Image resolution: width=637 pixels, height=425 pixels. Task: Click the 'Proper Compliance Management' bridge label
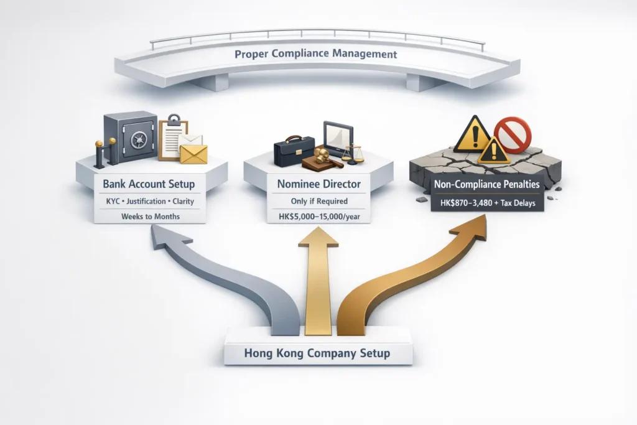click(316, 54)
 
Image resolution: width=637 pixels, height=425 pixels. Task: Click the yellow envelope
click(193, 154)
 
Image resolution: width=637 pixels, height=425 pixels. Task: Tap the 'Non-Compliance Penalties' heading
click(486, 185)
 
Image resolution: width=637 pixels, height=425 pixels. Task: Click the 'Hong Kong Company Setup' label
click(317, 353)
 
